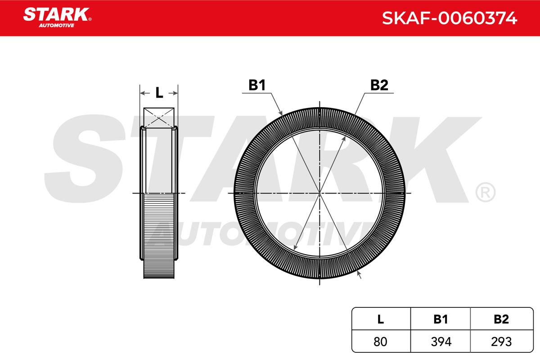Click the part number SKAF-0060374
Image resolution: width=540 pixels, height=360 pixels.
click(450, 18)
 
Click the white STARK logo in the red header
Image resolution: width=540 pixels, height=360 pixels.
click(56, 14)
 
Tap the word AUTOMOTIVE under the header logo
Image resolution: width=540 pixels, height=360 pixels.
click(56, 26)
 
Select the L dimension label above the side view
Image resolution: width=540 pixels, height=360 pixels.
click(159, 93)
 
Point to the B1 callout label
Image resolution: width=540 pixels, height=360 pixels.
click(257, 85)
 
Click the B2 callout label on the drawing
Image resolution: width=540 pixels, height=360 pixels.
click(379, 85)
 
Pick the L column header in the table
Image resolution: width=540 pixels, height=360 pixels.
click(380, 319)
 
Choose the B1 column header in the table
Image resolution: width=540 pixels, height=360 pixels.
click(441, 319)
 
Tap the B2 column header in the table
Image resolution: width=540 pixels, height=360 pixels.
click(501, 319)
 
